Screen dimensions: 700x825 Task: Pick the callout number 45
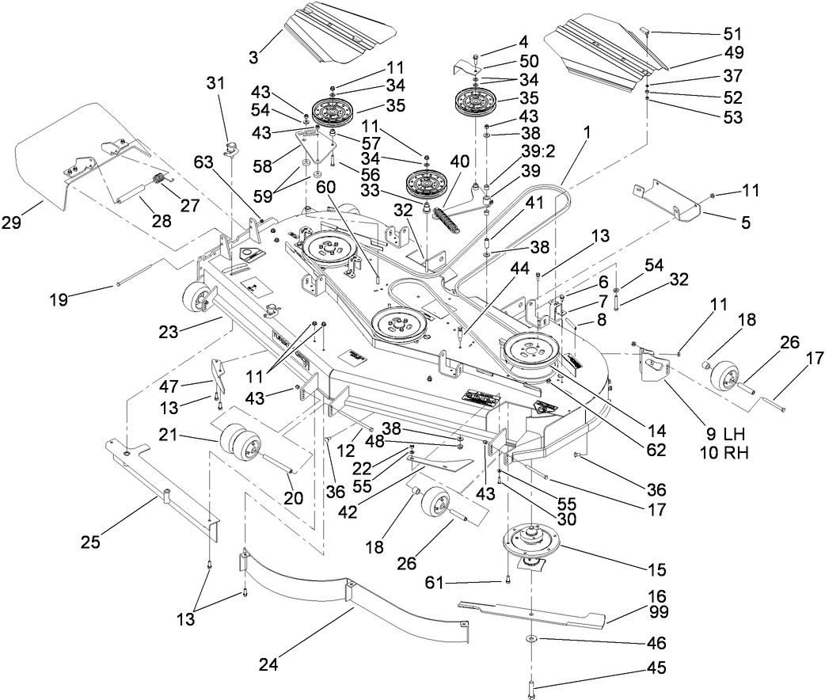click(x=656, y=668)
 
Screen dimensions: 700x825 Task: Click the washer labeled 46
click(x=530, y=637)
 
